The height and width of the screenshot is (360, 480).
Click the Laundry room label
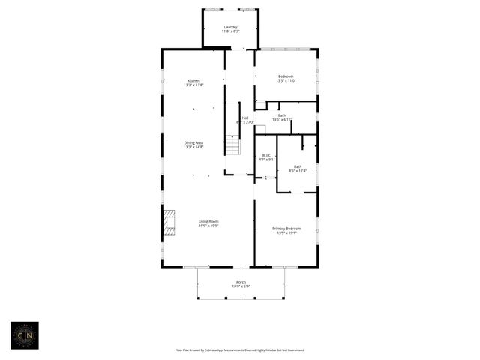point(230,27)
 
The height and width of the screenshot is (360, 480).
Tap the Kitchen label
point(193,80)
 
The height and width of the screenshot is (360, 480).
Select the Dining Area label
point(193,142)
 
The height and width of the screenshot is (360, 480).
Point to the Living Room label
point(208,221)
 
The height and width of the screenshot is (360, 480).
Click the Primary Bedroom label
point(287,228)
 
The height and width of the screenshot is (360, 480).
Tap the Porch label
point(241,282)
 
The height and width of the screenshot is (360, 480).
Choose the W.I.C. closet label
point(267,155)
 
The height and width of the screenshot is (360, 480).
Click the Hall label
point(245,117)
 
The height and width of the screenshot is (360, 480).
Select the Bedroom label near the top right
point(286,76)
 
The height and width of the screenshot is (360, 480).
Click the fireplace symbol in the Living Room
point(169,222)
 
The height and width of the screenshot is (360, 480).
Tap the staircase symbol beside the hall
point(233,146)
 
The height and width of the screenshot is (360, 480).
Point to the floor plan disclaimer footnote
point(240,349)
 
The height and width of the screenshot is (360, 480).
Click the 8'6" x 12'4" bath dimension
point(298,171)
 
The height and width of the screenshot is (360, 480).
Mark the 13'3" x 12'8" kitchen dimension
point(193,85)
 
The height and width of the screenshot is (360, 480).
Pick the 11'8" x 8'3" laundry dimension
point(230,31)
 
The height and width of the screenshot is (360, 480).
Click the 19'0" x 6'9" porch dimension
point(241,286)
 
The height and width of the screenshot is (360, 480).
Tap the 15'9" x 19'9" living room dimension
point(208,226)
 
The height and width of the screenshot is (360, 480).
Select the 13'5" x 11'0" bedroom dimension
point(286,80)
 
